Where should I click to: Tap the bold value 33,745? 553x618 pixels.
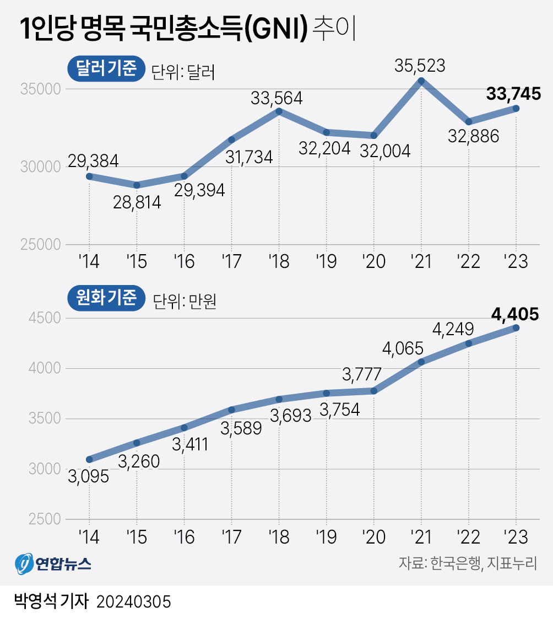pyautogui.click(x=513, y=94)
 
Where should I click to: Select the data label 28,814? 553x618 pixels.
pyautogui.click(x=137, y=202)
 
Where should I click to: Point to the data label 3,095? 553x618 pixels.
pyautogui.click(x=89, y=475)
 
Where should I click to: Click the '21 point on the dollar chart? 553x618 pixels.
pyautogui.click(x=421, y=81)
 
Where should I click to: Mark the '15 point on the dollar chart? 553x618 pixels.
pyautogui.click(x=137, y=185)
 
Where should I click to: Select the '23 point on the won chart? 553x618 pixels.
pyautogui.click(x=516, y=328)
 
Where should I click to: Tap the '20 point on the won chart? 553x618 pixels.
pyautogui.click(x=374, y=391)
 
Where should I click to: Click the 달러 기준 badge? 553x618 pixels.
pyautogui.click(x=105, y=69)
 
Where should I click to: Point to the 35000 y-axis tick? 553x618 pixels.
pyautogui.click(x=40, y=90)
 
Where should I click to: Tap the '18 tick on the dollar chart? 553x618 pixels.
pyautogui.click(x=279, y=261)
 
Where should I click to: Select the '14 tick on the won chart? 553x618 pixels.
pyautogui.click(x=89, y=536)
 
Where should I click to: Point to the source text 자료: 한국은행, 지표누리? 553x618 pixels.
pyautogui.click(x=468, y=563)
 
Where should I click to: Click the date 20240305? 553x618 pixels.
pyautogui.click(x=134, y=601)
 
